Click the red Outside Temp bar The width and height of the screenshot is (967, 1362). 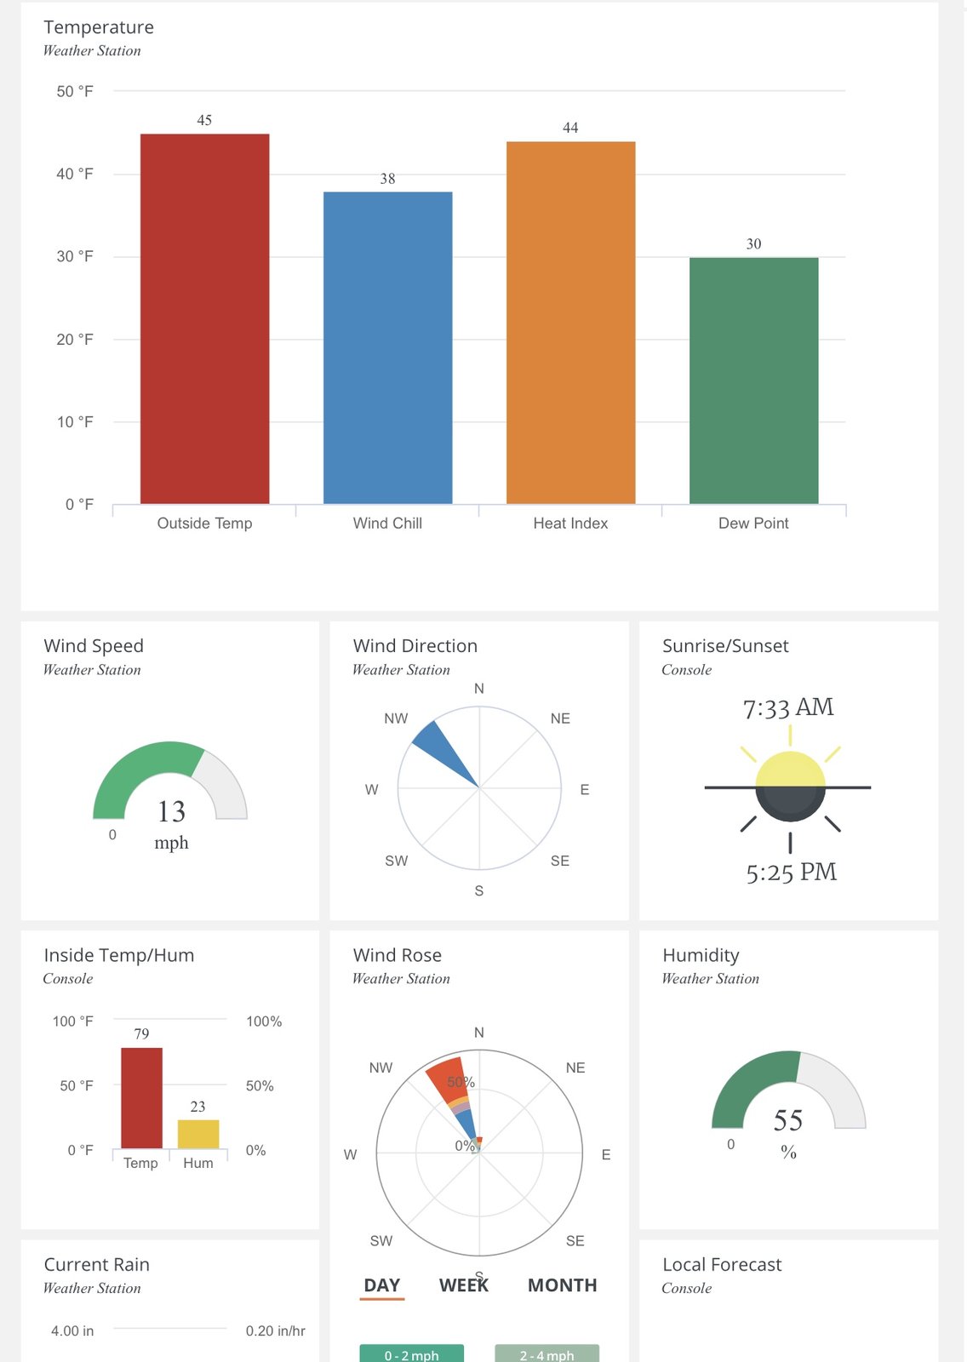(204, 319)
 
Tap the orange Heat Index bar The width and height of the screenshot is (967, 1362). (570, 323)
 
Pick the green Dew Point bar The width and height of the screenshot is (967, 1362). (753, 381)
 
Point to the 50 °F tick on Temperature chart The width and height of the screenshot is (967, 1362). (75, 91)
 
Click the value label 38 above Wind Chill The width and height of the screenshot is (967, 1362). (387, 179)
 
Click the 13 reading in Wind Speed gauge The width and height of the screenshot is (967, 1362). (171, 811)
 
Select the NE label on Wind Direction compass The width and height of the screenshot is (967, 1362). (560, 718)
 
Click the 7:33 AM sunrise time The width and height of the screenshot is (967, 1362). (788, 707)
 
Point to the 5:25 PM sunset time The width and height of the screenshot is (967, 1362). (792, 873)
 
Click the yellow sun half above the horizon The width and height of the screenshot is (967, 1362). (790, 770)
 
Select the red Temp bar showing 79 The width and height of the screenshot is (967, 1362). (141, 1098)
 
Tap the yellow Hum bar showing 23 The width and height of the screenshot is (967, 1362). (198, 1134)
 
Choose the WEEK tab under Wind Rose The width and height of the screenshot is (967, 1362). (464, 1285)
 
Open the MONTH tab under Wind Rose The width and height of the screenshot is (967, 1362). (562, 1285)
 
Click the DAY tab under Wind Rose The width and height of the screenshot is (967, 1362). (382, 1285)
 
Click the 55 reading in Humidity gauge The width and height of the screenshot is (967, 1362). (788, 1120)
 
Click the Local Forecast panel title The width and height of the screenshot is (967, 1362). (722, 1265)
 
